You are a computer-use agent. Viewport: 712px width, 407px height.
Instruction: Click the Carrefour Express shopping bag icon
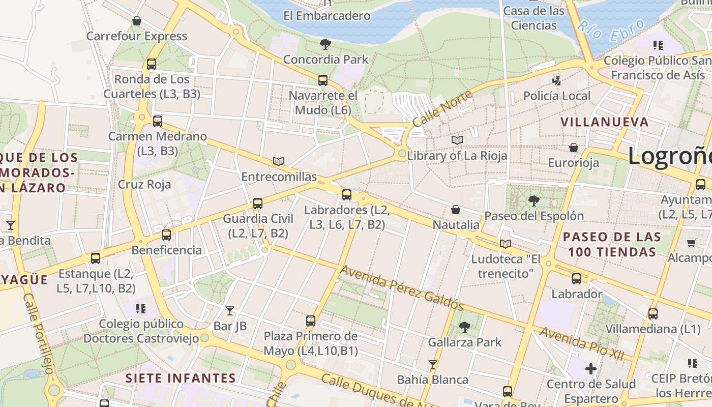tap(136, 21)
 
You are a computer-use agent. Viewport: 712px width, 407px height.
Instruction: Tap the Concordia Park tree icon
tap(325, 44)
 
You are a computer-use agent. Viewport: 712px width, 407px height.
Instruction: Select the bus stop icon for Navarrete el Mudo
tap(323, 80)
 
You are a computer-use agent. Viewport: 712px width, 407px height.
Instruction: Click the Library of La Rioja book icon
tap(457, 140)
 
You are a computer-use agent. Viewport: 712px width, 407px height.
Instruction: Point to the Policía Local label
tap(557, 96)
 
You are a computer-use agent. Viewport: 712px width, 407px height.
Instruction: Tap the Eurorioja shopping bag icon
tap(574, 148)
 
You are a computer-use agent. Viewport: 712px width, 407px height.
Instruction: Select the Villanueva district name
tap(605, 122)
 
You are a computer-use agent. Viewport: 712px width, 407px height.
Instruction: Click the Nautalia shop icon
tap(456, 210)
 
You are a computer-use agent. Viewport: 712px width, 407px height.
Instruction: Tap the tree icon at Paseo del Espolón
tap(533, 200)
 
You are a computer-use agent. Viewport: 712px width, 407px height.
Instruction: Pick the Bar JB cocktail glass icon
tap(230, 310)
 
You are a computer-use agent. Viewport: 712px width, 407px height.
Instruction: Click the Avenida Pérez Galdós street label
tap(402, 288)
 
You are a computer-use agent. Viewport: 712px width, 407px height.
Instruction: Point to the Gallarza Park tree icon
tap(464, 327)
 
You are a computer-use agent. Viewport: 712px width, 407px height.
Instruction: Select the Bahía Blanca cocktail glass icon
tap(432, 364)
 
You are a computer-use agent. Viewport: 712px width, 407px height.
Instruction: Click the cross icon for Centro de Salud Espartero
tap(591, 368)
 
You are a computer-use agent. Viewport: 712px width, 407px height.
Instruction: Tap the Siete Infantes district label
tap(181, 378)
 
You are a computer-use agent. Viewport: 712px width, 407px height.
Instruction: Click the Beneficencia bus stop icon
tap(166, 235)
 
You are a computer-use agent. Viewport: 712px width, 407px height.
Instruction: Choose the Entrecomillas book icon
tap(278, 161)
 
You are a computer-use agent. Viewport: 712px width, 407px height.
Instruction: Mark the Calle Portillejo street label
tap(39, 333)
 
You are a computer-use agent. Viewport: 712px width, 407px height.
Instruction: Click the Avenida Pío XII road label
tap(582, 344)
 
